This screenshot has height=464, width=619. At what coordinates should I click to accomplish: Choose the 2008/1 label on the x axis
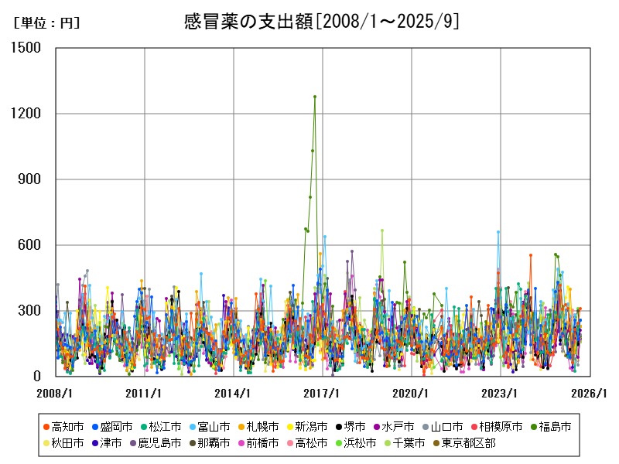[56, 393]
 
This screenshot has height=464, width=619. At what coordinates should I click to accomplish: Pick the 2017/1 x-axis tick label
[323, 393]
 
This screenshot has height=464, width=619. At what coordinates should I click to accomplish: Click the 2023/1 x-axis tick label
[501, 393]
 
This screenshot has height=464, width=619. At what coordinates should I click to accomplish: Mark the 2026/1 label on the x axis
[590, 393]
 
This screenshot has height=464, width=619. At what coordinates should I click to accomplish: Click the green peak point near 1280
[315, 97]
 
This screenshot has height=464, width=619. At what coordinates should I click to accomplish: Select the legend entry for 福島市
[551, 427]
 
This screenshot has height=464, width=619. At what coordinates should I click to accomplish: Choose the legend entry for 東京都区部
[463, 443]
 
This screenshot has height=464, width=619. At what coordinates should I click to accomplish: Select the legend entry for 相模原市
[497, 427]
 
